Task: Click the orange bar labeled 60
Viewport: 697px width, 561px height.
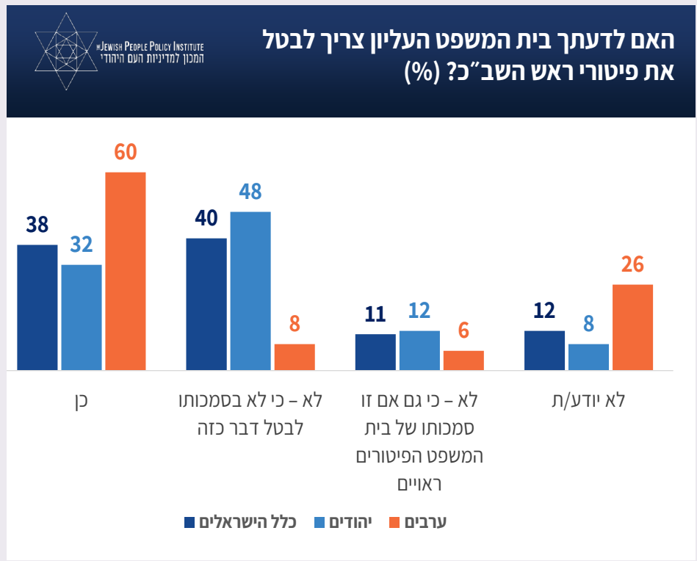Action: (x=126, y=271)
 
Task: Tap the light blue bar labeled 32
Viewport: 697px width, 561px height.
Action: (x=82, y=317)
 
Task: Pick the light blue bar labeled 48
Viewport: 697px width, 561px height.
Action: (x=250, y=291)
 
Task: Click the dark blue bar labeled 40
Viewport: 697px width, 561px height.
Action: (x=206, y=304)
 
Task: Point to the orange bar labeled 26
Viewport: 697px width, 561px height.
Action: (x=632, y=327)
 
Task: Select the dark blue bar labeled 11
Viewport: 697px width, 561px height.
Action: (x=375, y=352)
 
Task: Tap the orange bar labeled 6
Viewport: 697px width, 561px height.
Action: (x=463, y=361)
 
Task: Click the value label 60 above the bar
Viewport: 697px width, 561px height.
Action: (x=126, y=153)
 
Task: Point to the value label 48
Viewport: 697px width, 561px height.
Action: (x=250, y=192)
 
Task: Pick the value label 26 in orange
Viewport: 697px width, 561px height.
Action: (x=632, y=264)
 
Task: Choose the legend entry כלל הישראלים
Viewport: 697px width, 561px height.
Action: (x=249, y=522)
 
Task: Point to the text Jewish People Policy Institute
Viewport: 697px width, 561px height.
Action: (x=151, y=46)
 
